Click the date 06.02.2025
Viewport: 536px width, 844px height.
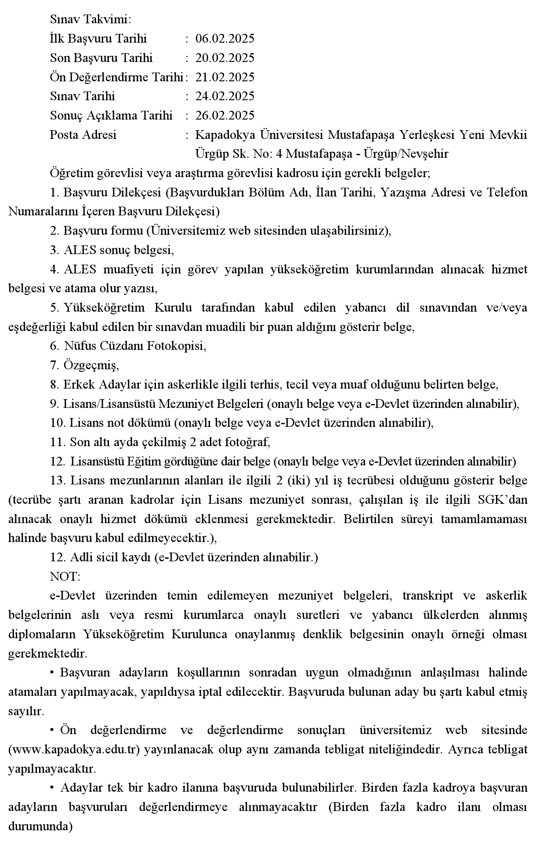point(225,39)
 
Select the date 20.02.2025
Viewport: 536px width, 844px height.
point(225,58)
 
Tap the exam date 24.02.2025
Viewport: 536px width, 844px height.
point(225,96)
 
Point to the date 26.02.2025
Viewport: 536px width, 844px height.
point(225,116)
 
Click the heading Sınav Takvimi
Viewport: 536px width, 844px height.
point(91,20)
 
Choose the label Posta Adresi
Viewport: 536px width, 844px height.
point(83,135)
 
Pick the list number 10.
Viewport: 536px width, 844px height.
point(58,423)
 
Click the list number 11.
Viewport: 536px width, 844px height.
point(58,442)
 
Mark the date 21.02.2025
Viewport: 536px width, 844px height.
point(225,77)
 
